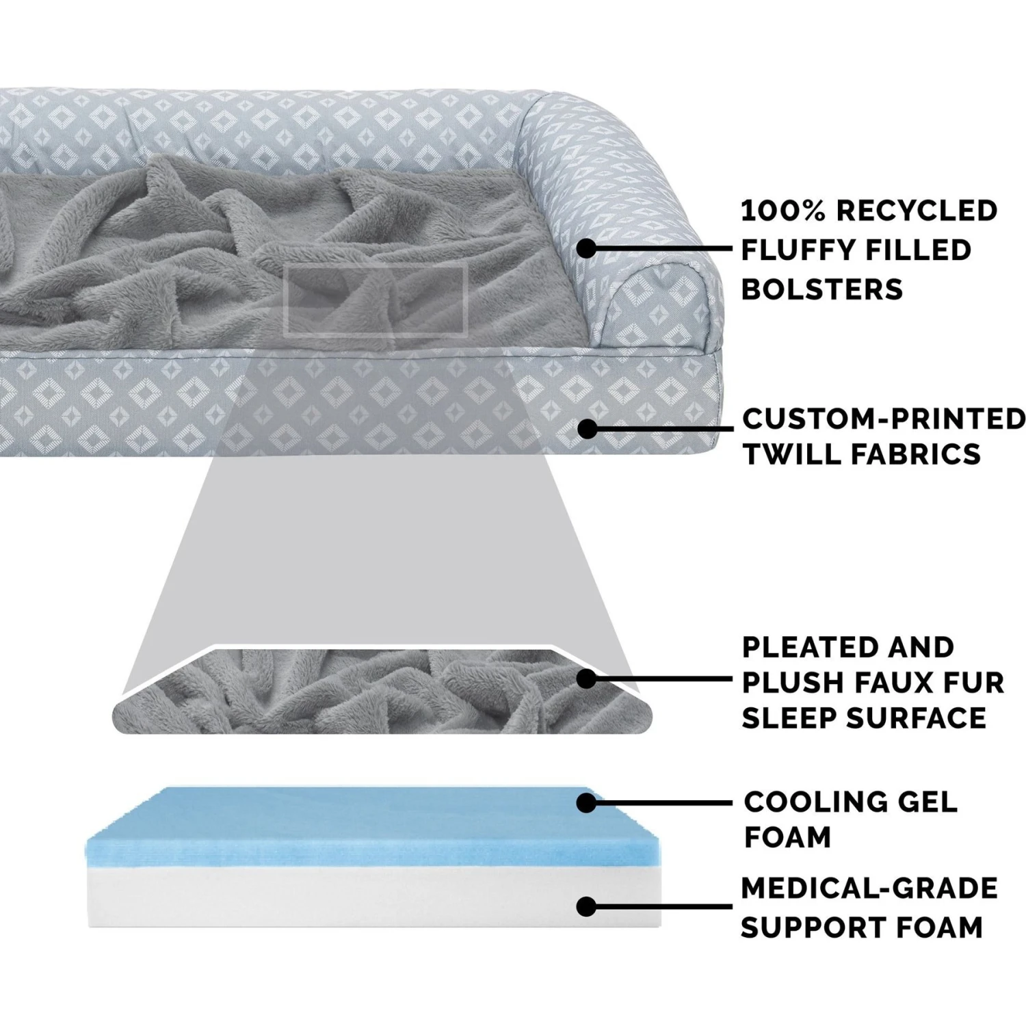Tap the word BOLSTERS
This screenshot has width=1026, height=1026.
[822, 289]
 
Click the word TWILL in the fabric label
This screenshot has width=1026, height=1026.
[786, 454]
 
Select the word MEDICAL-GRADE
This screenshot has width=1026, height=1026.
[869, 889]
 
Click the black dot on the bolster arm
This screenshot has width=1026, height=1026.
[586, 249]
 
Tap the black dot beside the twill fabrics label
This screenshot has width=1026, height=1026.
[586, 429]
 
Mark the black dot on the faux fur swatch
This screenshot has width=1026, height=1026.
[586, 679]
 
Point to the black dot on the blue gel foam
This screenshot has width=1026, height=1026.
[586, 803]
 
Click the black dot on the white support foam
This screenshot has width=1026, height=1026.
[586, 907]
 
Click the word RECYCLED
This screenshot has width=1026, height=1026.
[917, 211]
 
